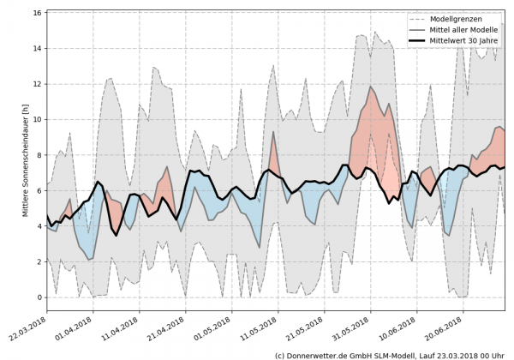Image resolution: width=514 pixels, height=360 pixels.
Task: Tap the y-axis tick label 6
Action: [39, 190]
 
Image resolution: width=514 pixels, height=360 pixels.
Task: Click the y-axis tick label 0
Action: [39, 297]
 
